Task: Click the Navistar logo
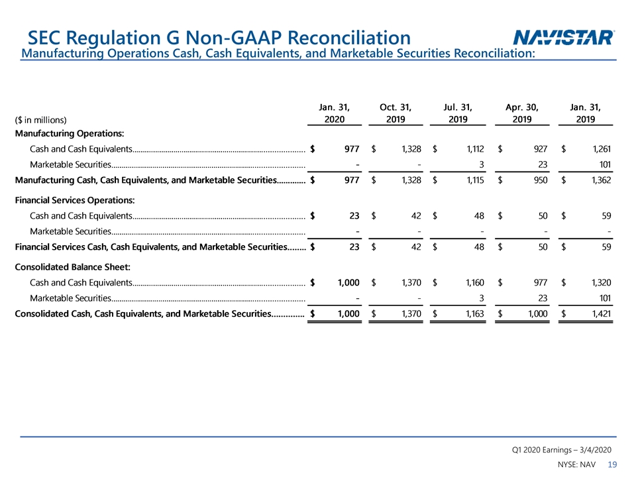click(x=564, y=37)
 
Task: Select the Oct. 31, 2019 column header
click(x=396, y=113)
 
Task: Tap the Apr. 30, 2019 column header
click(x=522, y=113)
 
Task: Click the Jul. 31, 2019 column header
click(x=458, y=113)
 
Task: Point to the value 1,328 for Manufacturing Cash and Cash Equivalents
click(x=411, y=149)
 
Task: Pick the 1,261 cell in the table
click(x=602, y=149)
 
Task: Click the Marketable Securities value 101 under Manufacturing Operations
click(x=605, y=165)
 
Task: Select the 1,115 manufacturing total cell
click(x=475, y=180)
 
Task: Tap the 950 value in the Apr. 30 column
click(x=541, y=180)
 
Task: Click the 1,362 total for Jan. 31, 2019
click(x=601, y=180)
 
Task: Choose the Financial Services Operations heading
click(x=75, y=200)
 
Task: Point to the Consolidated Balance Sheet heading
click(x=73, y=267)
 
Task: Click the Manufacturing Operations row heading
click(x=70, y=133)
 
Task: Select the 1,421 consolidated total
click(x=601, y=314)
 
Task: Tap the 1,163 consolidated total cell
click(x=474, y=314)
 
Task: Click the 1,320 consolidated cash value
click(x=601, y=283)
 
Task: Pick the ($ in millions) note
click(x=40, y=120)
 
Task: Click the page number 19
click(x=612, y=464)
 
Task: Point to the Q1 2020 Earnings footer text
click(x=561, y=450)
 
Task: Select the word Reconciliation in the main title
click(x=349, y=38)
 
